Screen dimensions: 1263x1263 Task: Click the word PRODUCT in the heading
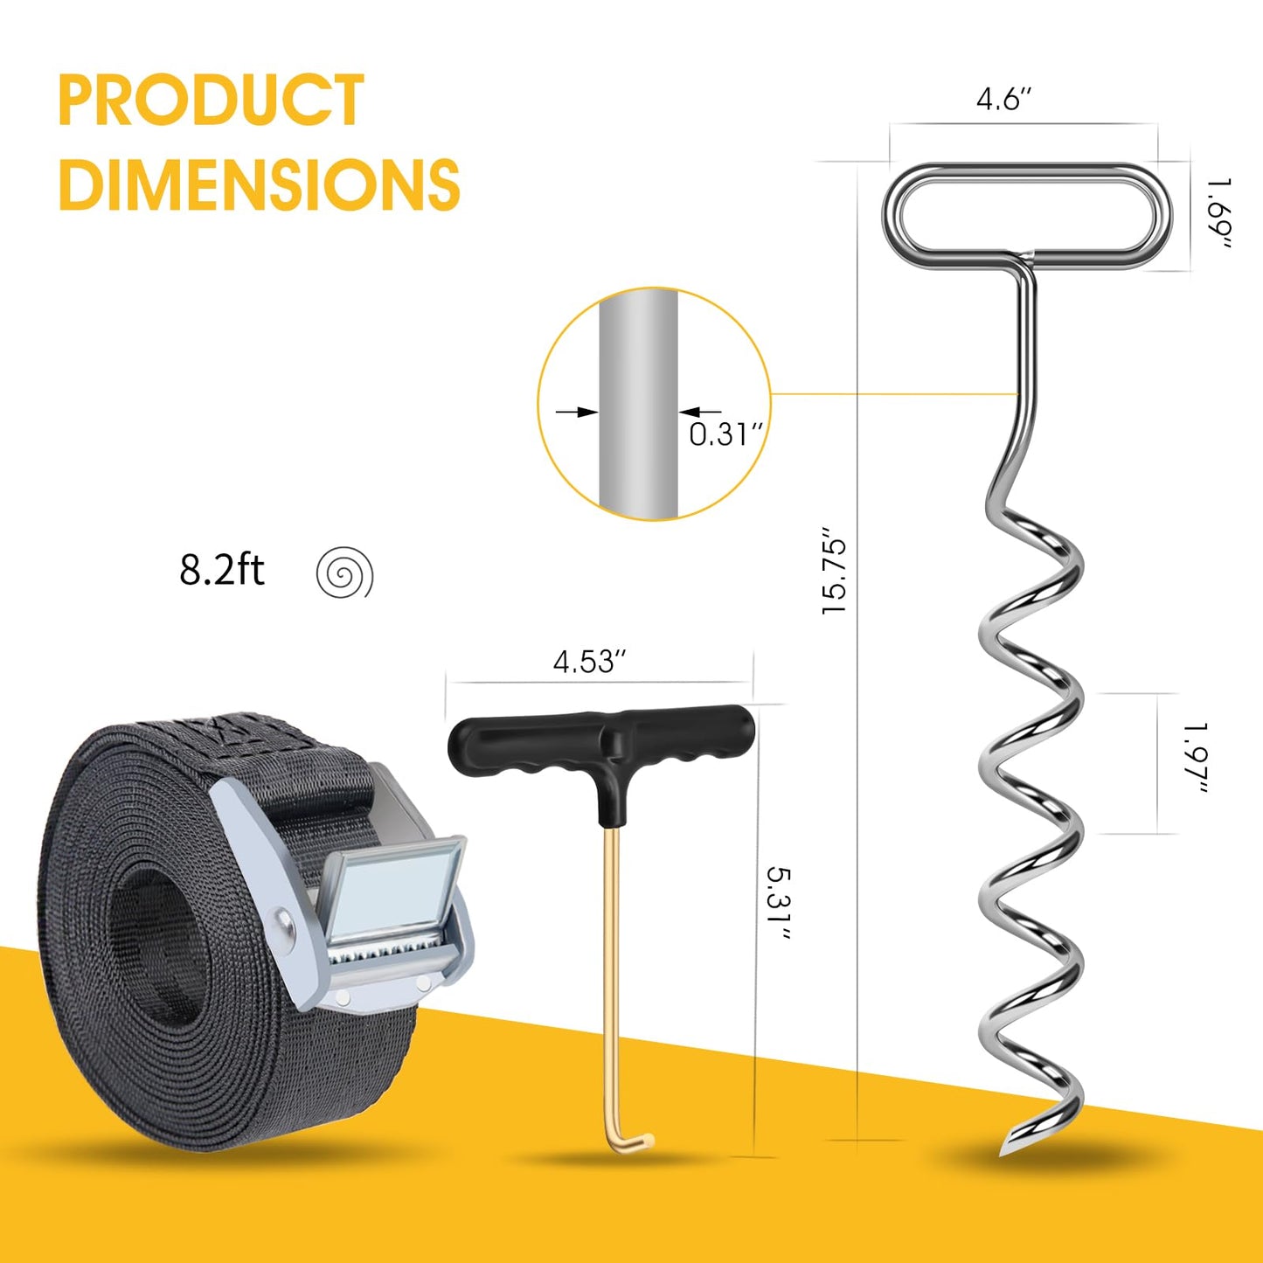click(211, 100)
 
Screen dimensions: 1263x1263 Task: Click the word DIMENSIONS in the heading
click(260, 184)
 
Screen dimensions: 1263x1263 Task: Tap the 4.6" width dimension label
click(1003, 100)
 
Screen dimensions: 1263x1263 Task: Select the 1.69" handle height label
click(1220, 213)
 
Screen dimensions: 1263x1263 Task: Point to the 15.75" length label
click(835, 569)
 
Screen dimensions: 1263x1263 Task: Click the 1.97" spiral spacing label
click(1197, 759)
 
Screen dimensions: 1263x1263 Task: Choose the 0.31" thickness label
click(726, 434)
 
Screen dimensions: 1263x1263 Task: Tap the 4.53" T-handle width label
click(590, 662)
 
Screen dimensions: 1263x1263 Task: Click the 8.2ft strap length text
click(221, 570)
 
